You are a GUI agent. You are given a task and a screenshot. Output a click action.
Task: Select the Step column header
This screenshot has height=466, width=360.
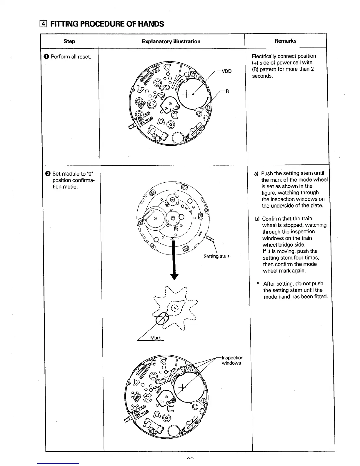coord(69,41)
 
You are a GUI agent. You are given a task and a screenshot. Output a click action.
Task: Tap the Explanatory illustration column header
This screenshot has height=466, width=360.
coord(171,41)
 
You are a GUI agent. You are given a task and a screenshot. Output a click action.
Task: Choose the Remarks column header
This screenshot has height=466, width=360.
coord(285,41)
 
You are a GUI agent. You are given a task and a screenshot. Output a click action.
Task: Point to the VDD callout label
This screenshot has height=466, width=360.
coord(226,71)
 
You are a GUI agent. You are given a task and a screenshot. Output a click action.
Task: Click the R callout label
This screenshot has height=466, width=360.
coord(227,91)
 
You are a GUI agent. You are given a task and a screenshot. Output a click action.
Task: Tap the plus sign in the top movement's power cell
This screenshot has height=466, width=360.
coord(186,94)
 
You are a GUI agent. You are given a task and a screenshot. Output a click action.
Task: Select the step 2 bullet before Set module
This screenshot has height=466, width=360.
coord(48,174)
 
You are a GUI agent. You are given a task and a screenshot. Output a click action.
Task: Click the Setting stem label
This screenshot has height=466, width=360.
coord(217,256)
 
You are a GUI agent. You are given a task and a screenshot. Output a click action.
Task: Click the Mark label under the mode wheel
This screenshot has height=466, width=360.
coord(155,338)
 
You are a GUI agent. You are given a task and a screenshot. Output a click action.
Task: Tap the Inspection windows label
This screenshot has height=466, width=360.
coord(232,360)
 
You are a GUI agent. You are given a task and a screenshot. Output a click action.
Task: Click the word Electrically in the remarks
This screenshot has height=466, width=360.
coord(264,56)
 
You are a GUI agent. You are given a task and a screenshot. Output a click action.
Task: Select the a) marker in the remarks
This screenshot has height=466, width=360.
coord(256,174)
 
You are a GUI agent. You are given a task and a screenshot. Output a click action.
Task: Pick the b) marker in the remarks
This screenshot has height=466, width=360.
coord(257,219)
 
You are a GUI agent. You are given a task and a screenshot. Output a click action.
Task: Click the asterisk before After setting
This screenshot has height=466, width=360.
coord(258,284)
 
